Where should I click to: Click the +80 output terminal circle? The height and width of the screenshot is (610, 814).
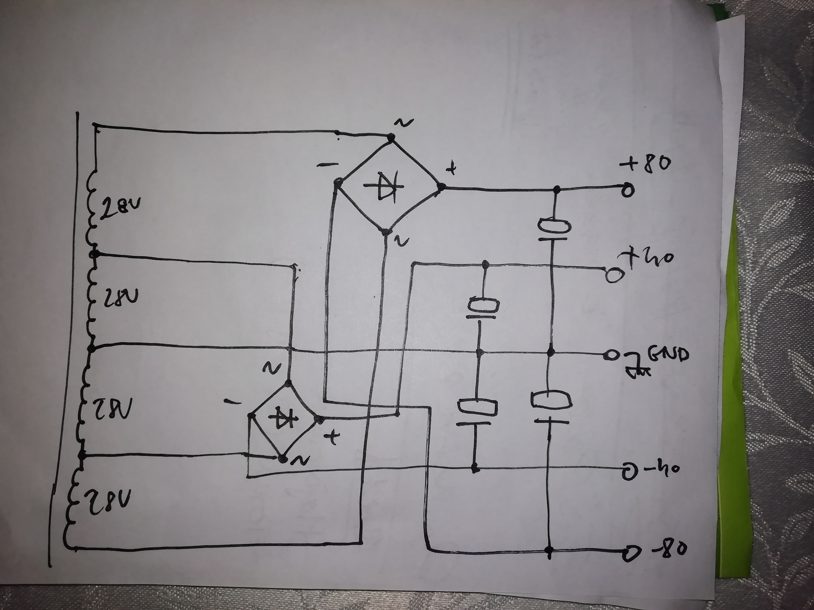(x=628, y=190)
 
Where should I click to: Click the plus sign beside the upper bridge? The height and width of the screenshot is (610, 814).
(x=452, y=169)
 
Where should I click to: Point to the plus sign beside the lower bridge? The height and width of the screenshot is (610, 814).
(x=332, y=438)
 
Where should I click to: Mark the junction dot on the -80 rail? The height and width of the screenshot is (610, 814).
(x=549, y=551)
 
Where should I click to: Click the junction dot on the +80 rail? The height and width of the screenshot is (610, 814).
(x=557, y=189)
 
